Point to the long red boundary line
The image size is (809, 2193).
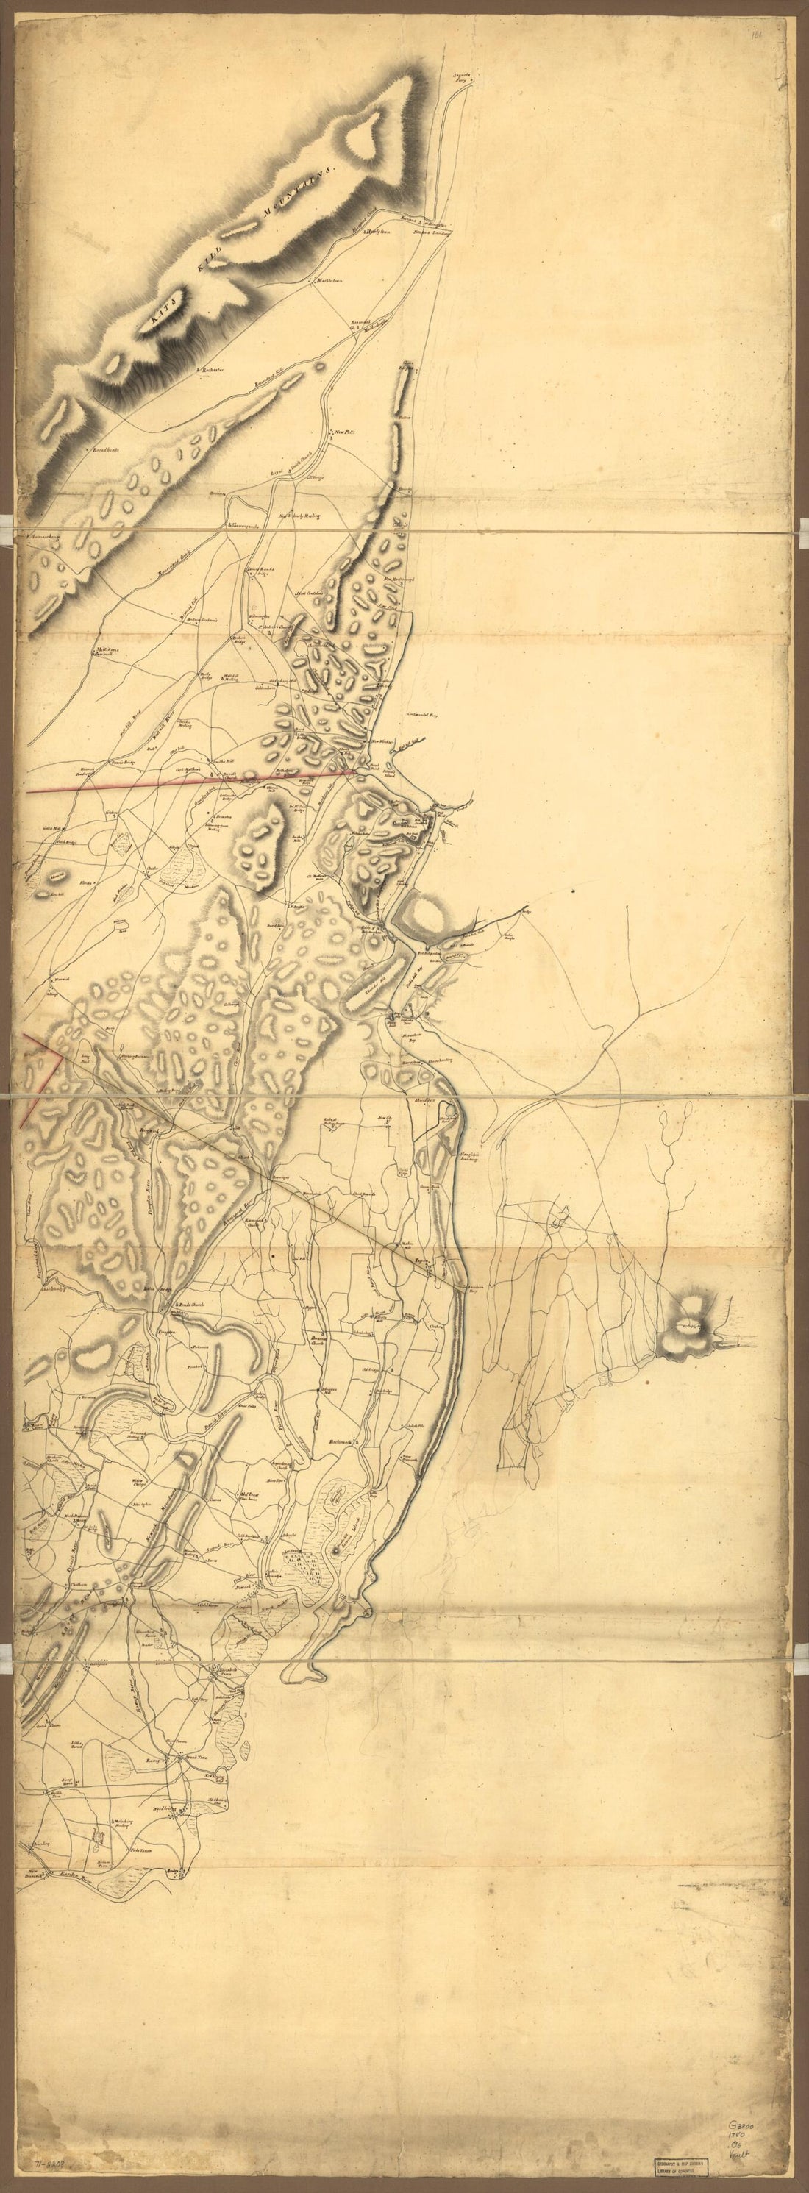click(x=188, y=782)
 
